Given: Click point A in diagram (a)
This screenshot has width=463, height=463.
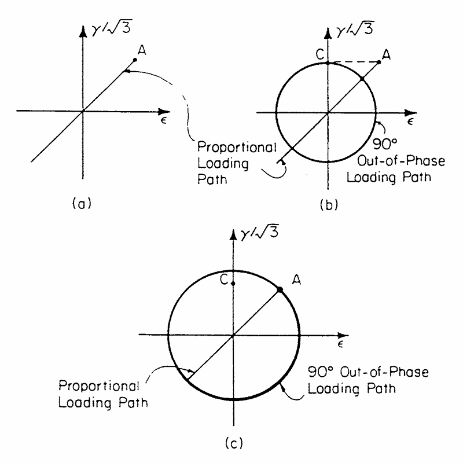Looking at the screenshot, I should coord(134,59).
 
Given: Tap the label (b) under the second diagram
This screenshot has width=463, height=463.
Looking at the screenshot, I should coord(326,203).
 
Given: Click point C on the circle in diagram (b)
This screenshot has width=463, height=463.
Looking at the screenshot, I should coord(328,62).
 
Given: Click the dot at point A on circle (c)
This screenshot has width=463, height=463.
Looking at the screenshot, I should coord(280,289).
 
